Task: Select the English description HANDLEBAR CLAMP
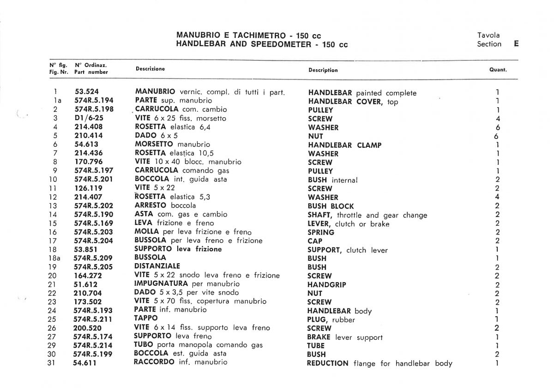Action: (x=345, y=145)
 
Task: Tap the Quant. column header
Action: (x=498, y=70)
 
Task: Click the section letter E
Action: (x=516, y=44)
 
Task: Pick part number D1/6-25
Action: (x=89, y=118)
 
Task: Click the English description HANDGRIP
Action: (x=327, y=285)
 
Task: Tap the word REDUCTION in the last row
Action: (x=328, y=363)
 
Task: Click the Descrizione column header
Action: (x=150, y=69)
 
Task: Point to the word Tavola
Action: (x=488, y=35)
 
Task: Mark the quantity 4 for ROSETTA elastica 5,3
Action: (x=497, y=197)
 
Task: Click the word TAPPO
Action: (x=145, y=319)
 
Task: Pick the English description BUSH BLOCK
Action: (x=331, y=206)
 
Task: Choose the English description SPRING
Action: (x=321, y=232)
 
